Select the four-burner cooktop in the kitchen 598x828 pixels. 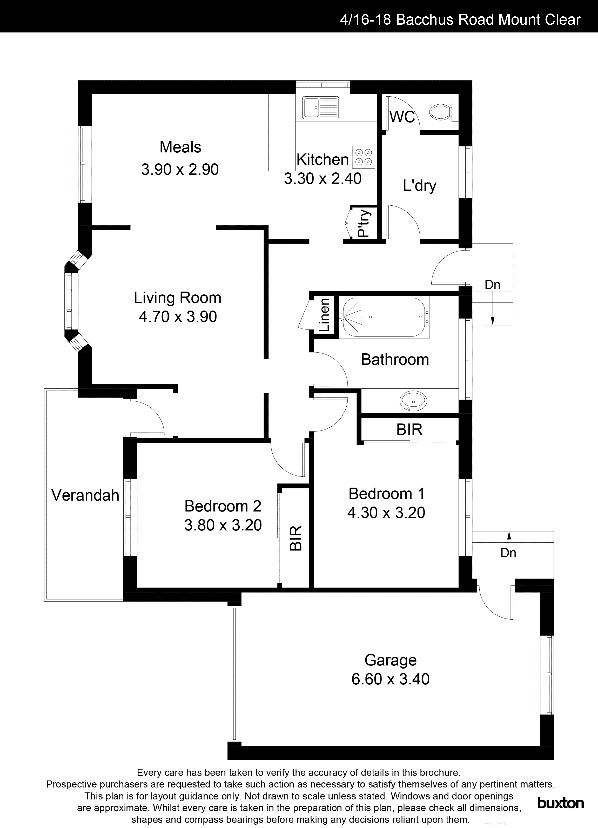coord(363,157)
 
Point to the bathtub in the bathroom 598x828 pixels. coord(383,317)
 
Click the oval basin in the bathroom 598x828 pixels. coord(413,401)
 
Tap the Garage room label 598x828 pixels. coord(390,660)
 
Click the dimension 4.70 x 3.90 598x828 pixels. coord(178,317)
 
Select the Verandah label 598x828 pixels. coord(85,495)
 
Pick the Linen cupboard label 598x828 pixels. coord(325,315)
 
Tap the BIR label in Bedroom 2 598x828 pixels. coord(296,538)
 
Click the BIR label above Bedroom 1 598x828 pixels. coord(409,430)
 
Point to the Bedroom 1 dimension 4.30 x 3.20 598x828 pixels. coord(386,513)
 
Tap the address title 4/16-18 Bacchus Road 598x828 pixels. coord(460,19)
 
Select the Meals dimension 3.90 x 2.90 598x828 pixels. coord(180,169)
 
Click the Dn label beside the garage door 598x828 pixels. coord(508,553)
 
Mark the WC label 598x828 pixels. coord(402,117)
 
